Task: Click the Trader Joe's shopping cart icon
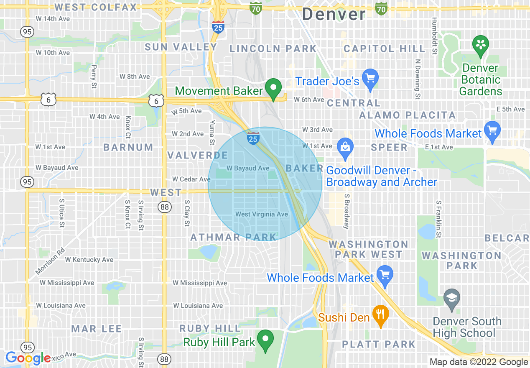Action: click(370, 79)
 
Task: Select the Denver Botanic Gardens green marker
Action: click(481, 44)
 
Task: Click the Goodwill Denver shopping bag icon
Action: click(345, 148)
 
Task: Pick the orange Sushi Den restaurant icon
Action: click(380, 314)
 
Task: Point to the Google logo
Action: click(28, 358)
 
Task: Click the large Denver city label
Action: click(334, 14)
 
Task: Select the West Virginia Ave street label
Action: click(262, 214)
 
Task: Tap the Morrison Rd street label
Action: click(50, 261)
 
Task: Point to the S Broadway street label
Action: click(346, 212)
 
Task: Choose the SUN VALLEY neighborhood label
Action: click(181, 47)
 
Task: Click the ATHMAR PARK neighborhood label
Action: click(233, 238)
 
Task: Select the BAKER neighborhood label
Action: click(304, 168)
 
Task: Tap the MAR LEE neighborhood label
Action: click(97, 329)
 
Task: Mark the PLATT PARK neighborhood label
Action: click(379, 344)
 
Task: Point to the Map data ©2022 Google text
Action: click(479, 362)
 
